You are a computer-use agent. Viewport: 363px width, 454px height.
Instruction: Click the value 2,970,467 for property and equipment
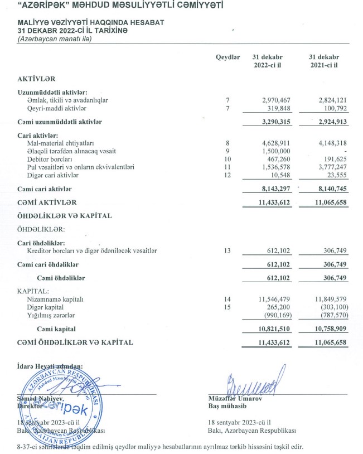[277, 100]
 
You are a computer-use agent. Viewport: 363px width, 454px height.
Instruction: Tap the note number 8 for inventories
[228, 143]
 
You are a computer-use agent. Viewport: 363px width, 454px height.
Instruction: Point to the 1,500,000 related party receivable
[277, 151]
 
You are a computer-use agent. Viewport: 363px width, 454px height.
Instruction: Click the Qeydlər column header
[228, 57]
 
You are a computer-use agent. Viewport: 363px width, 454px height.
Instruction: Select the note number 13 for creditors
[228, 251]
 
